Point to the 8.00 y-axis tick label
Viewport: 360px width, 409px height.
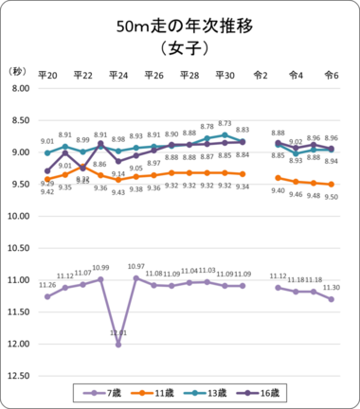(x=19, y=88)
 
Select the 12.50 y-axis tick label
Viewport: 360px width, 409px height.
(x=19, y=377)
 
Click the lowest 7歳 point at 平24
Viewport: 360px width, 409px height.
(x=118, y=345)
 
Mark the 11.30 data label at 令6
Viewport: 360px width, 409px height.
(x=331, y=288)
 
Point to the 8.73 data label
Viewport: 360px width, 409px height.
(x=225, y=123)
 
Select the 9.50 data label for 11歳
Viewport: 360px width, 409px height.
(x=331, y=196)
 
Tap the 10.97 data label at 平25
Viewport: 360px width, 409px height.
(x=136, y=267)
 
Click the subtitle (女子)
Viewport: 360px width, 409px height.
(x=180, y=49)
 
